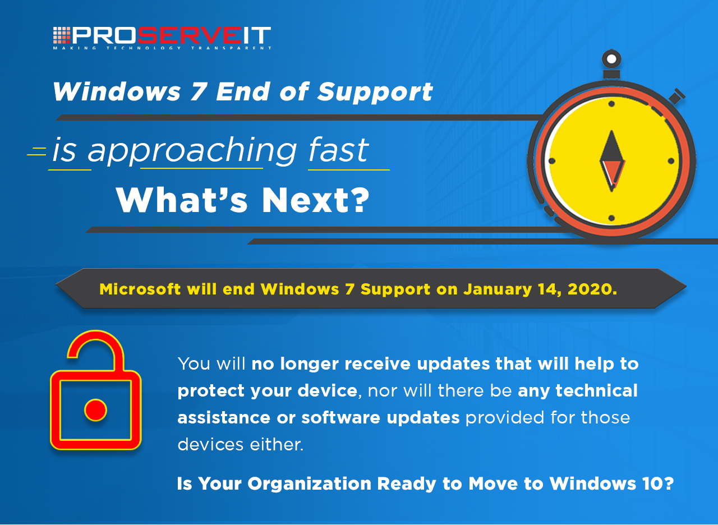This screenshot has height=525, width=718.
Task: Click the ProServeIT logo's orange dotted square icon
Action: pos(61,35)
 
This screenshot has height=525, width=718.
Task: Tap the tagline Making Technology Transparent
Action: pos(162,48)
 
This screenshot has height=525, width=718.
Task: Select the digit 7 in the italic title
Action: pos(197,92)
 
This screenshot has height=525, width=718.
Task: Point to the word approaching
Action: pos(192,151)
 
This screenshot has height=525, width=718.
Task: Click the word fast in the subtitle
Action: pos(339,150)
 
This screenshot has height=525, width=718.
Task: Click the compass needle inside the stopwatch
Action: pos(611,160)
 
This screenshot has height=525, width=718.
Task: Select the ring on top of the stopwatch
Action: pos(611,58)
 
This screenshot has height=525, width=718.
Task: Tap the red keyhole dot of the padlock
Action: pos(95,410)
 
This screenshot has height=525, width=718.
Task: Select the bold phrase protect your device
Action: pos(267,391)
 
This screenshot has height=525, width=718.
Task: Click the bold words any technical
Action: pos(578,390)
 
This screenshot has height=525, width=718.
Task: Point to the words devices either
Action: pos(240,444)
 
